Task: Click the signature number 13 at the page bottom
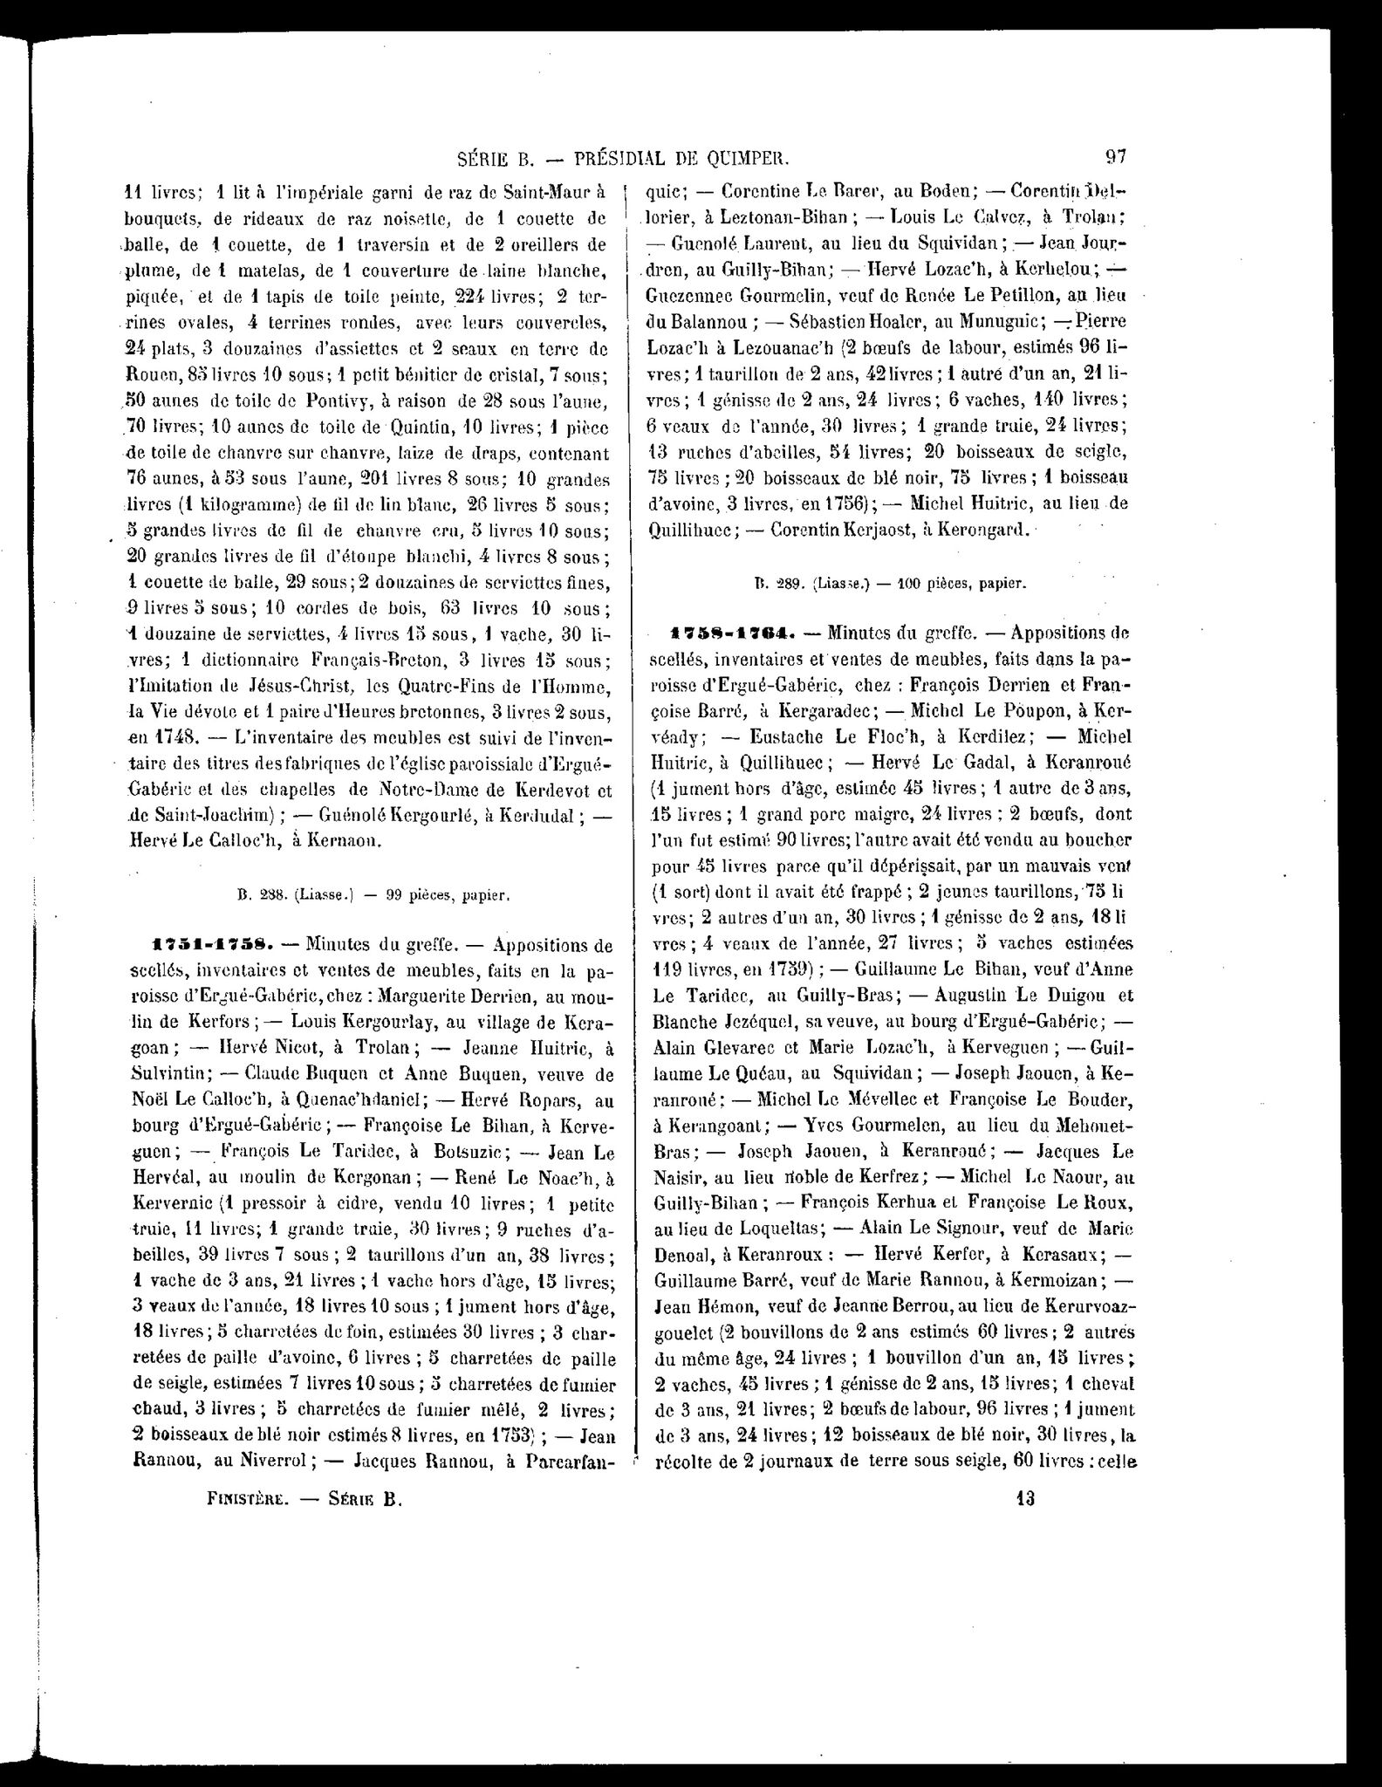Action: tap(1024, 1498)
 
